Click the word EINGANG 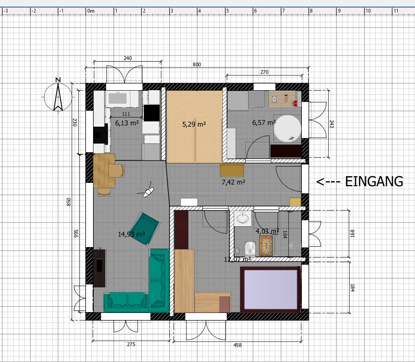(374, 182)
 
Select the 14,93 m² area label (131, 234)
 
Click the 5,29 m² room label (194, 124)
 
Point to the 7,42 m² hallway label (233, 182)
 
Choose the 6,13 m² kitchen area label (127, 123)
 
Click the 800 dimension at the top (197, 64)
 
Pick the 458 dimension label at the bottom (237, 345)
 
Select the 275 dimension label (131, 344)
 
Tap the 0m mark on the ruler (91, 11)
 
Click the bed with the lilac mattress (270, 289)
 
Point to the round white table (287, 128)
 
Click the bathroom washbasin (243, 219)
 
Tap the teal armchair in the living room (145, 229)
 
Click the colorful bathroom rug (266, 246)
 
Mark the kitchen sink (118, 98)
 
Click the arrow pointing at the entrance (328, 182)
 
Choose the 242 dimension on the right (332, 124)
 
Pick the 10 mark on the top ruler (368, 11)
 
